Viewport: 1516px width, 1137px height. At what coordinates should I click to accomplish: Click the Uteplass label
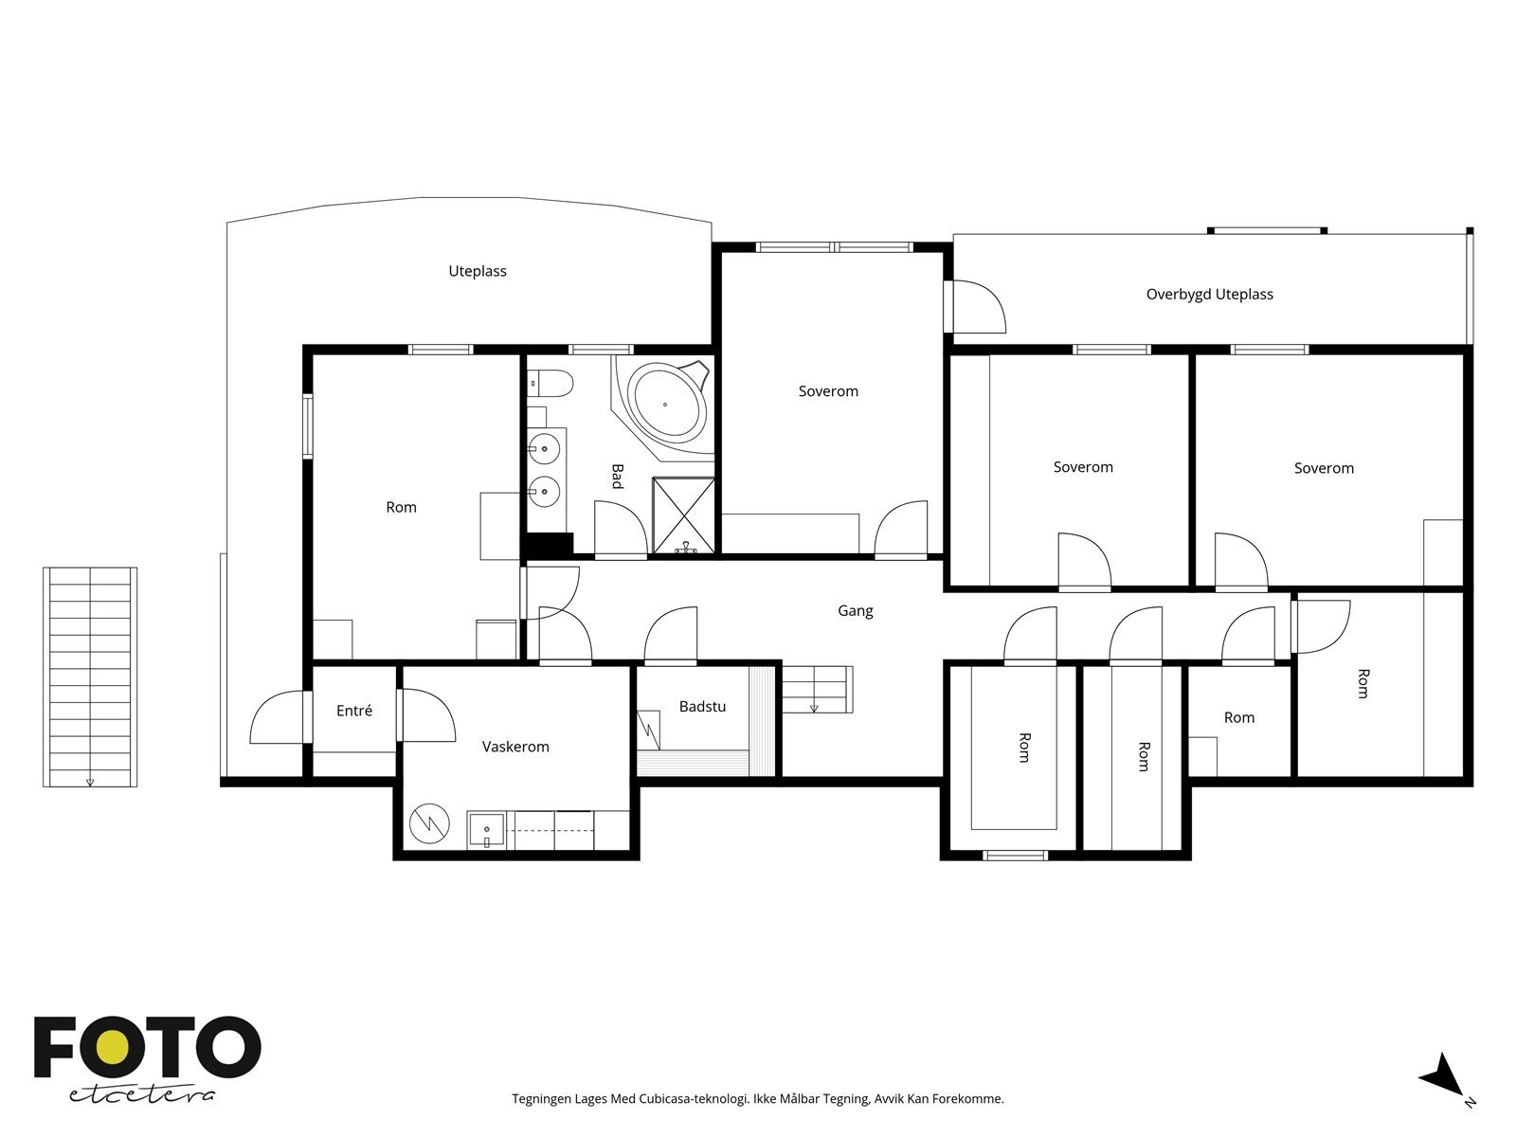[478, 271]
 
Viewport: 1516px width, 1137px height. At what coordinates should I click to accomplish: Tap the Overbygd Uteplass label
[1209, 294]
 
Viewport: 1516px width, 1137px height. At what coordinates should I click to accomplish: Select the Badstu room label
[702, 706]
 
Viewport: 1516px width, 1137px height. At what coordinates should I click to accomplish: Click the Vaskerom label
[515, 747]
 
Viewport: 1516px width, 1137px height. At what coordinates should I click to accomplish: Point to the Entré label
[354, 711]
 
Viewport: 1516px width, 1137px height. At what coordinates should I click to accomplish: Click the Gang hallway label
[855, 611]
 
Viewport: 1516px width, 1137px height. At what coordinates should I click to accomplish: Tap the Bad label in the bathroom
[618, 477]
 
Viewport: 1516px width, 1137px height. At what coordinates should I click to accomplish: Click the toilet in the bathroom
[550, 383]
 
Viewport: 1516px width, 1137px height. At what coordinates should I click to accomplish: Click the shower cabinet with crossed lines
[684, 515]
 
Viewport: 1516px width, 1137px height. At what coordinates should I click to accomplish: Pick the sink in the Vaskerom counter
[487, 829]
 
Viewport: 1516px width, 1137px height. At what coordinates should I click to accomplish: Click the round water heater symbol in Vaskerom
[429, 822]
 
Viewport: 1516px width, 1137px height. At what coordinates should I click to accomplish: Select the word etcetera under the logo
[141, 1095]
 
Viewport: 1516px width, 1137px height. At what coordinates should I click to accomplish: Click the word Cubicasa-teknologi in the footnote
[694, 1098]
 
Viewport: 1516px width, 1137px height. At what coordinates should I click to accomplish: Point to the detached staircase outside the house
[90, 677]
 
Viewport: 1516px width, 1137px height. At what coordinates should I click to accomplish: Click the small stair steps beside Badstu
[818, 689]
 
